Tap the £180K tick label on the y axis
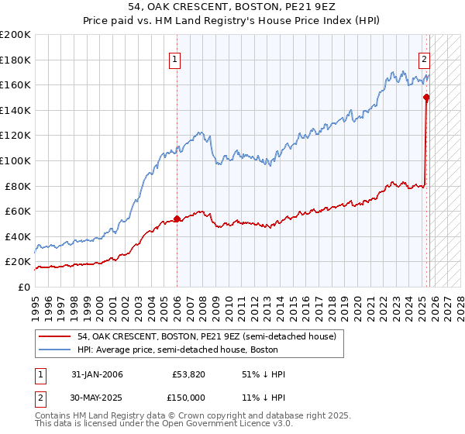coord(15,59)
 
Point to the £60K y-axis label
coord(18,211)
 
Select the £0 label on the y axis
coord(23,287)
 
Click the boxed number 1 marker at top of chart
coord(176,58)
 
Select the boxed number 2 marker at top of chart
coord(425,58)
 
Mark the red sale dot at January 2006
coord(177,219)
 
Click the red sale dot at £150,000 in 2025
coord(426,97)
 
